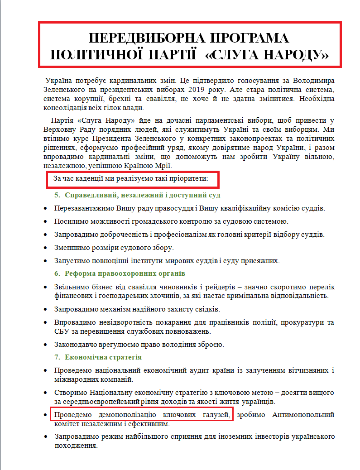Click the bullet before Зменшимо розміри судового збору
[44, 248]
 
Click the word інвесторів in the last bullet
[240, 436]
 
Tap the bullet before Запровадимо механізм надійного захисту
[44, 309]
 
